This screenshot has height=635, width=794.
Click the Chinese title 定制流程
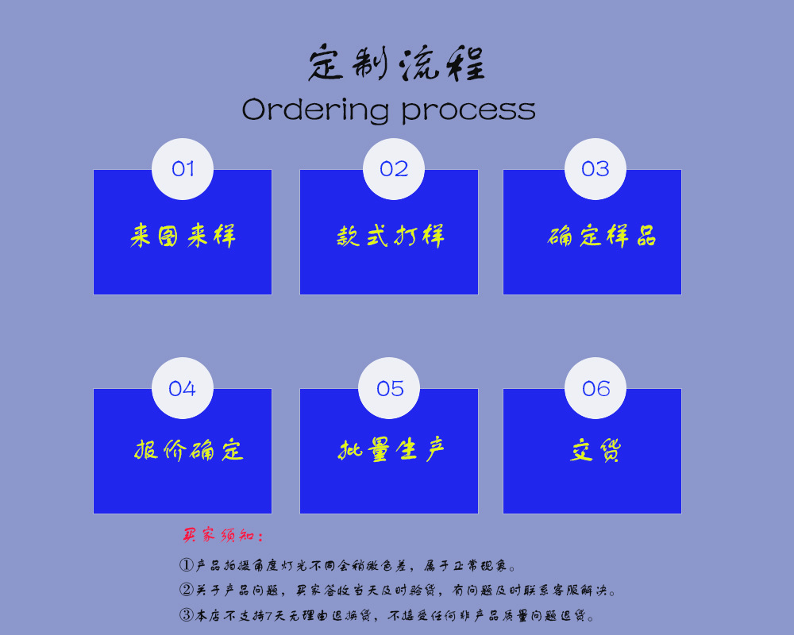[396, 64]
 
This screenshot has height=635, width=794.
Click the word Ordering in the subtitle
[315, 110]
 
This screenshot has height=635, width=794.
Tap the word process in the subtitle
[468, 111]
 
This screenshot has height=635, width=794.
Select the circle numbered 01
[183, 169]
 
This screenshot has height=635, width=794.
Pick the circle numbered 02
[394, 169]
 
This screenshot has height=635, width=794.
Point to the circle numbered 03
[595, 169]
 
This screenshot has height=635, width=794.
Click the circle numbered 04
[183, 388]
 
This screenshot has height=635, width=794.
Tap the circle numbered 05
[390, 388]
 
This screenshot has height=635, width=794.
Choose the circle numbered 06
[595, 388]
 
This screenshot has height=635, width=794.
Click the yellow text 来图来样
[183, 236]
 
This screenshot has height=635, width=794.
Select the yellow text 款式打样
[390, 236]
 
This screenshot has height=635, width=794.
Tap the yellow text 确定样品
[602, 236]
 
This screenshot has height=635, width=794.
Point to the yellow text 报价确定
[188, 450]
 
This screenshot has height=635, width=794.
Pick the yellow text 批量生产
[391, 450]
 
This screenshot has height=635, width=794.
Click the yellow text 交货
[595, 450]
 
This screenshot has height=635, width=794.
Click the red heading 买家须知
[222, 536]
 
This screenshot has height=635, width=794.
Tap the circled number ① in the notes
[187, 566]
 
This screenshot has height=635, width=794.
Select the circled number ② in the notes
[187, 591]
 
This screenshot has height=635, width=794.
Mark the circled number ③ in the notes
[187, 615]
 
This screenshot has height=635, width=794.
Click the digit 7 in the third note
[268, 615]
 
